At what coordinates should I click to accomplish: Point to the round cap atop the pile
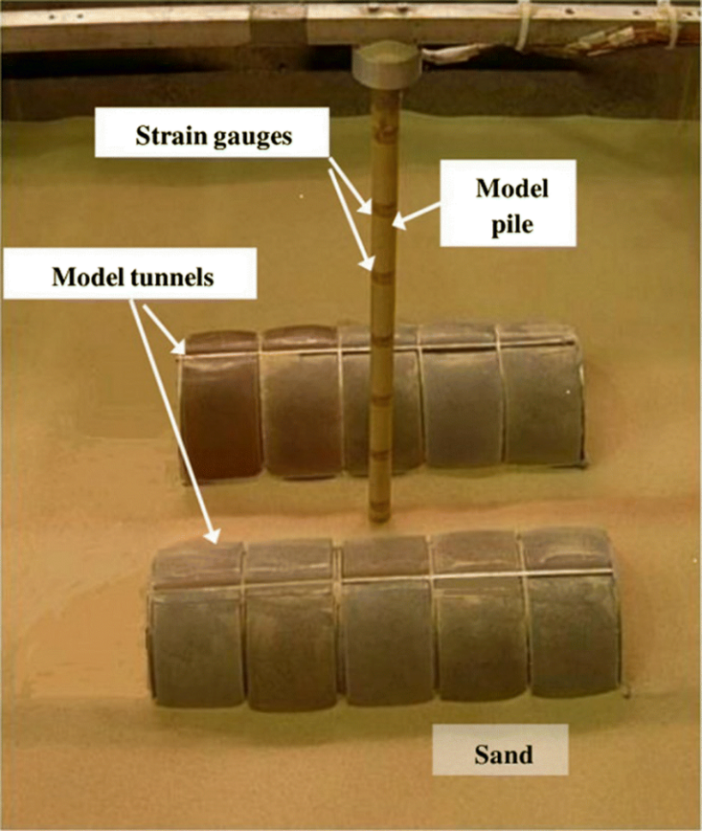(x=386, y=64)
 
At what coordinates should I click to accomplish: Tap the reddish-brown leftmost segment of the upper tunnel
(x=221, y=407)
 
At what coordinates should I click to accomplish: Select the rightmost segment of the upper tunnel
(x=541, y=397)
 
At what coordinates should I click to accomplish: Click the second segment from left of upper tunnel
(x=300, y=402)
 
